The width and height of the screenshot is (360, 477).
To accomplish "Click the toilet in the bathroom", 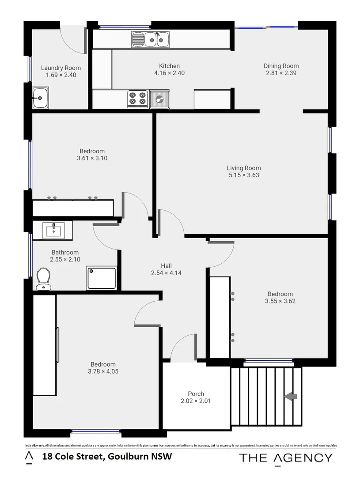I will point(44,279).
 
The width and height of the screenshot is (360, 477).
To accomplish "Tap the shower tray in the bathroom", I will point(102,278).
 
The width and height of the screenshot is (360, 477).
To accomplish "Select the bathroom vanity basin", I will point(54,230).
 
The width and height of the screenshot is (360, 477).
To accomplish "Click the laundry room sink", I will point(40,97).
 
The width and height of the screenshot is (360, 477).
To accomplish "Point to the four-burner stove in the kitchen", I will point(137,98).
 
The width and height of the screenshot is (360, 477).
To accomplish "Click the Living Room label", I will point(244,168).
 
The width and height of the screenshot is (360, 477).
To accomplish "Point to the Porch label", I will point(196,394).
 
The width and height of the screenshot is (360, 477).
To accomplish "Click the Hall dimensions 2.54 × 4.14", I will point(166,273).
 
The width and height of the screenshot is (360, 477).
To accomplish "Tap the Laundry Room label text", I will point(61,68).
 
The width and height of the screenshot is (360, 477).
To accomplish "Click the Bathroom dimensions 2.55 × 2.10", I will point(65,260).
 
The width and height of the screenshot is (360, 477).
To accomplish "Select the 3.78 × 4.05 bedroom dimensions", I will point(103,371).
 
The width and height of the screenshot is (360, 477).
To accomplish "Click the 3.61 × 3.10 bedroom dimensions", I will point(92,158).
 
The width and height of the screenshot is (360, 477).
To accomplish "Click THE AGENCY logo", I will point(285,458).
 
